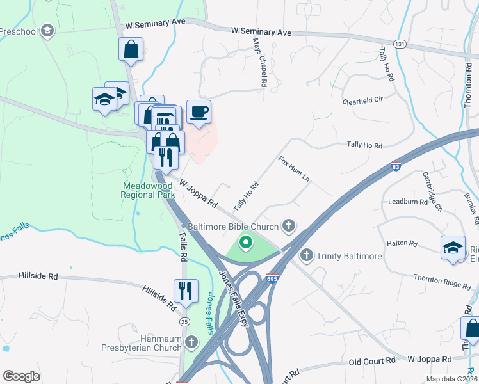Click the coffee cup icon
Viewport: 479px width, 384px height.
click(x=199, y=112)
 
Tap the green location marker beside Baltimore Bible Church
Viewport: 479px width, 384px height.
click(x=245, y=243)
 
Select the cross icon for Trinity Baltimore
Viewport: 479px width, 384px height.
click(x=306, y=256)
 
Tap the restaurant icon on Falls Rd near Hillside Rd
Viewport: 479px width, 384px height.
click(x=186, y=290)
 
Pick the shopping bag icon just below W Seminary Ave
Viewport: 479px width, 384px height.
click(x=131, y=49)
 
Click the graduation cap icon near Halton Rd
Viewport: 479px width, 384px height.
click(x=453, y=247)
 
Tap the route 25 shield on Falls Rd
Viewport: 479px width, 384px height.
click(x=184, y=321)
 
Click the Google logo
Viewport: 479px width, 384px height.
click(x=21, y=376)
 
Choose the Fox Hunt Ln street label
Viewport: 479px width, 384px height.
click(x=294, y=169)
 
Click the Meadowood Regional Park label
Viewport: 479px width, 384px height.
click(x=148, y=190)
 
